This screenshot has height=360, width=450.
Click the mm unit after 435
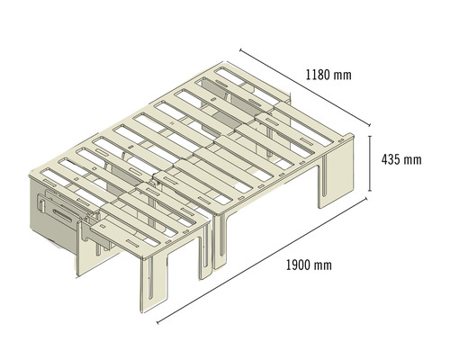click(x=411, y=160)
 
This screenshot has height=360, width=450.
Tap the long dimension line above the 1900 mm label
click(x=261, y=261)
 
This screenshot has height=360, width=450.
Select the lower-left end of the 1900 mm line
click(x=157, y=319)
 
